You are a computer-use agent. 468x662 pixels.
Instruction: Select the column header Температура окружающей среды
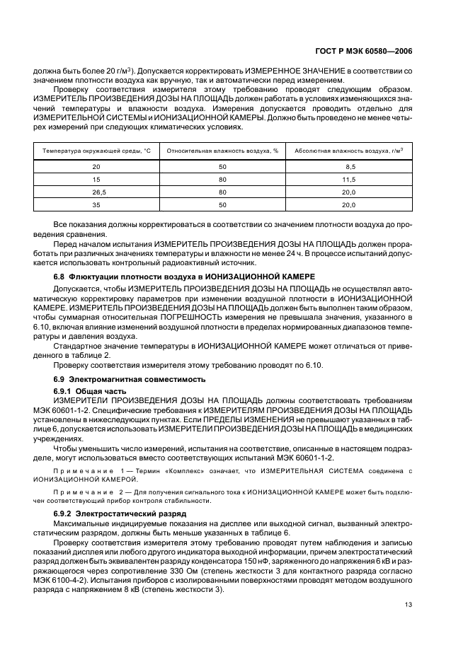click(96, 151)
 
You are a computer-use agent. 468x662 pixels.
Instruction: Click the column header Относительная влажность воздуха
click(222, 151)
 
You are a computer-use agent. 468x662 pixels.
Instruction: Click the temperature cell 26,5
click(96, 192)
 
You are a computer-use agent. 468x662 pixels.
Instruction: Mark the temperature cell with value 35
click(96, 205)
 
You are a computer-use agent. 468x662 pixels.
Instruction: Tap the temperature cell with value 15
click(96, 180)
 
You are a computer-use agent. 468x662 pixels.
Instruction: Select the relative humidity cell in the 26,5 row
click(222, 192)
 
